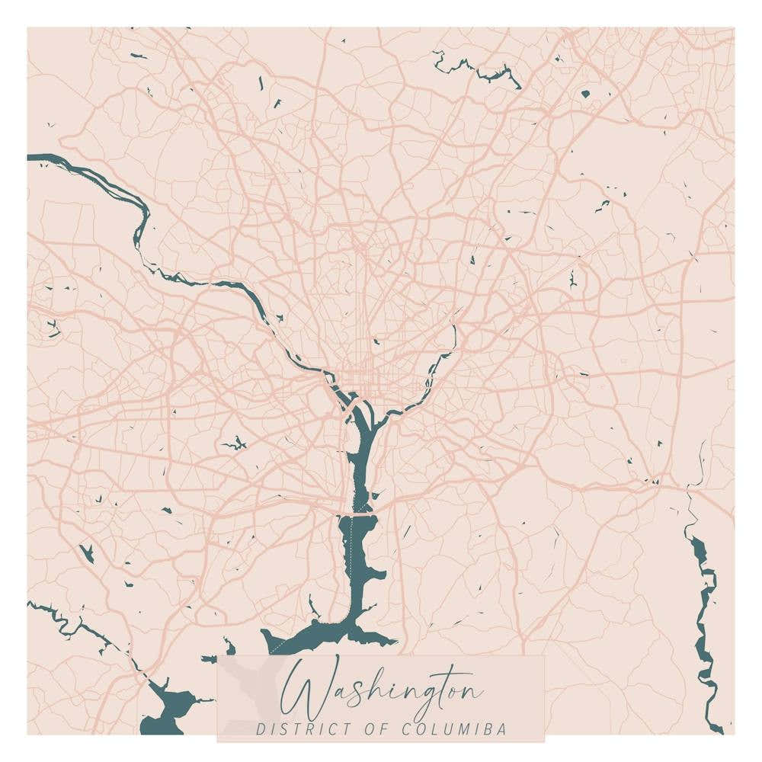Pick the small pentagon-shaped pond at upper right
point(585,94)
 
